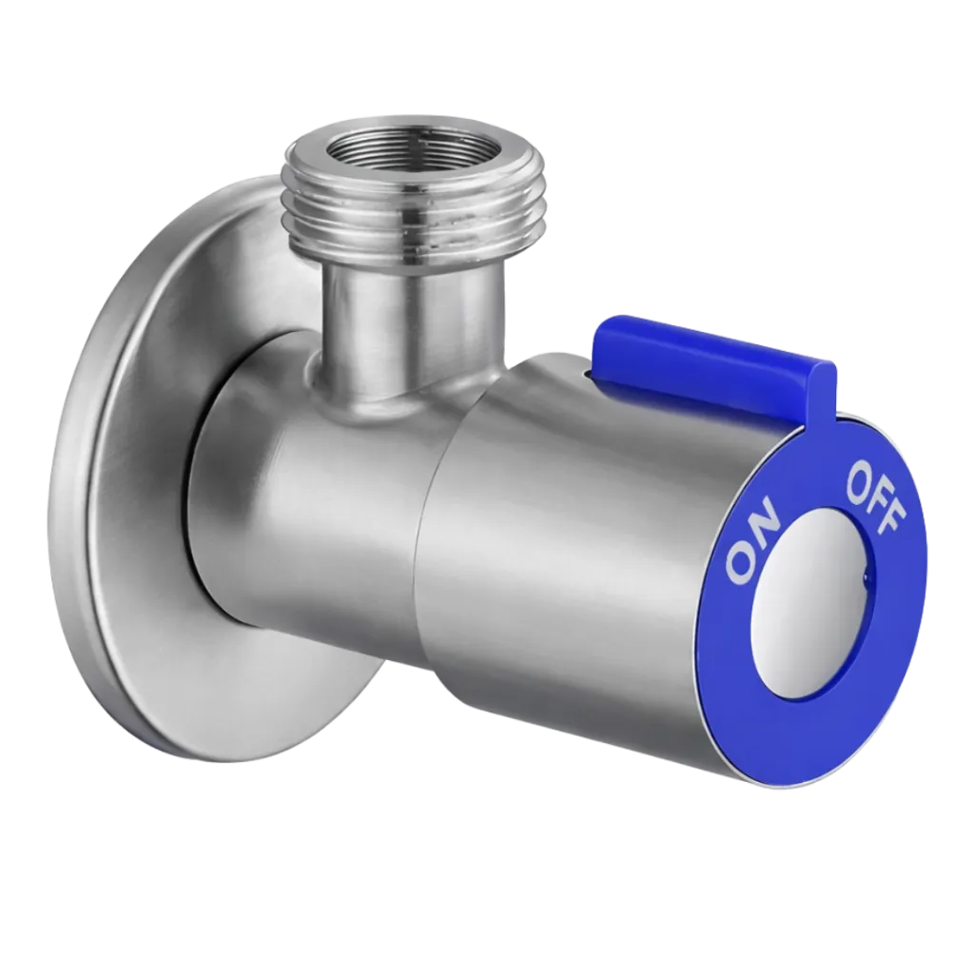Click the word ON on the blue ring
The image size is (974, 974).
752,538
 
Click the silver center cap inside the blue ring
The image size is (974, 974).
810,606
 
